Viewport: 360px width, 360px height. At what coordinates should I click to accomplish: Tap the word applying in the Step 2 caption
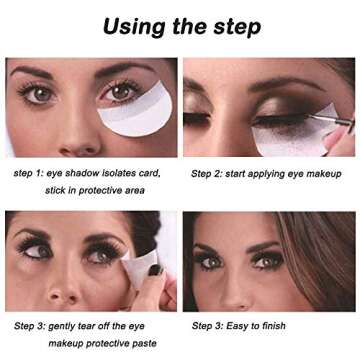click(x=279, y=172)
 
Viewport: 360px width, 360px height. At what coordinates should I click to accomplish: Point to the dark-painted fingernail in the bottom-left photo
click(x=155, y=270)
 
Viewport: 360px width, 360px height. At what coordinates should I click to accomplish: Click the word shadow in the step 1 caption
click(x=85, y=172)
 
